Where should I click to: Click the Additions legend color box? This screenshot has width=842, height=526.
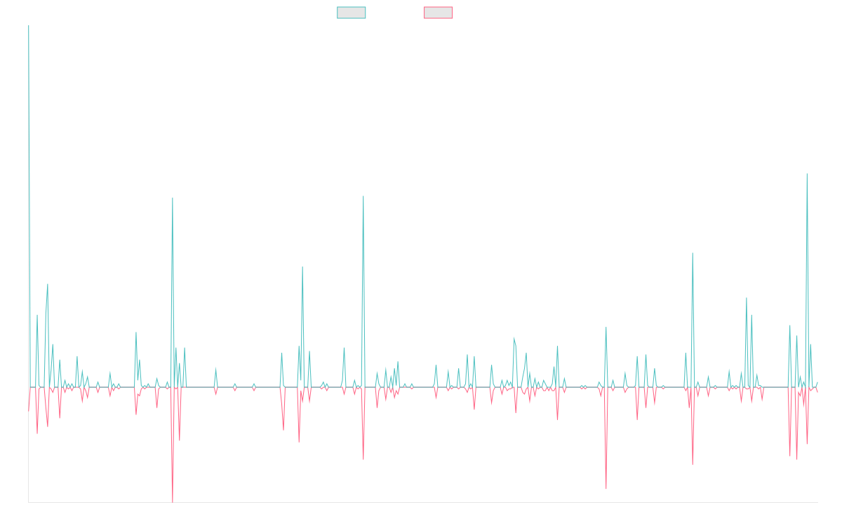(x=352, y=13)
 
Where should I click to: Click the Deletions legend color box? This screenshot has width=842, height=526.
(x=439, y=13)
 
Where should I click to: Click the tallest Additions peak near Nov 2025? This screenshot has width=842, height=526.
(x=807, y=174)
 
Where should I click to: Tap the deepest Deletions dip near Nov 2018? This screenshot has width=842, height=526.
(x=173, y=501)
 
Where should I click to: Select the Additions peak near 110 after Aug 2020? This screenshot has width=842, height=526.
(x=363, y=196)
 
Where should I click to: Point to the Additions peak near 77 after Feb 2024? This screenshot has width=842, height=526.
(x=692, y=254)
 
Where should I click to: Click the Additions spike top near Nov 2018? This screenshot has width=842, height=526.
(x=173, y=198)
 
